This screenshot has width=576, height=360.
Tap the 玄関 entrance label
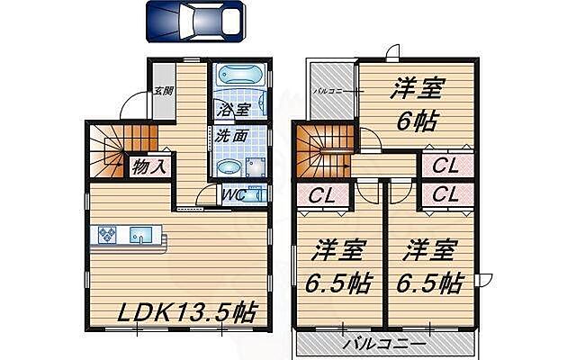(x=163, y=91)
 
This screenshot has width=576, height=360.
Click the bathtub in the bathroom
(x=238, y=79)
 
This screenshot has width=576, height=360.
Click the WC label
(x=231, y=193)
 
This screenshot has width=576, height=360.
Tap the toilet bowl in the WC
(x=255, y=193)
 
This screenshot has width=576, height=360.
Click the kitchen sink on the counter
(x=141, y=236)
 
